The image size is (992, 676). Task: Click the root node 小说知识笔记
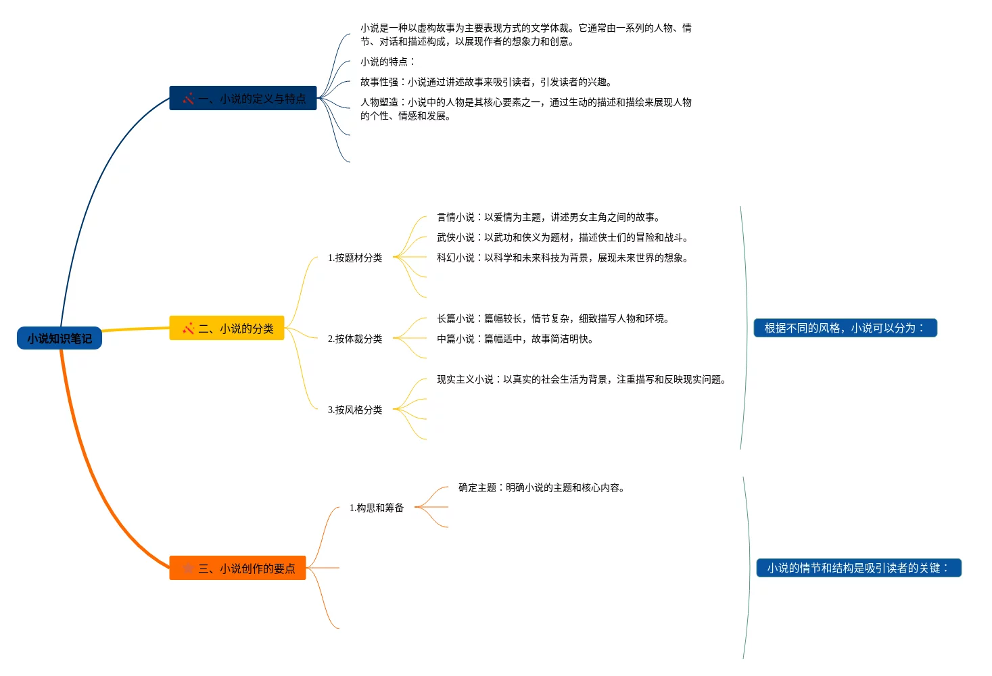click(60, 338)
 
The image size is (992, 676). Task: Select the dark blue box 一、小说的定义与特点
click(243, 99)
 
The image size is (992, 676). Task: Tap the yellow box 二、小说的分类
click(227, 329)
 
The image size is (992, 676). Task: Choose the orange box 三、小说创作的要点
click(237, 569)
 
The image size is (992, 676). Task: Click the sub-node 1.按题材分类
click(355, 258)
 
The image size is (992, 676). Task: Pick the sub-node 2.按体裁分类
click(355, 339)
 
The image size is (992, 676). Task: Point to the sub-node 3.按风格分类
click(355, 410)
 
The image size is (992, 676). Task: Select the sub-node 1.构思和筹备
click(377, 508)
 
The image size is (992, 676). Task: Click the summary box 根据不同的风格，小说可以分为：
click(845, 328)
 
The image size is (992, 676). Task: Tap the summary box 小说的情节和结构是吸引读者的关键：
click(859, 568)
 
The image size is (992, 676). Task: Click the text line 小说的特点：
click(387, 62)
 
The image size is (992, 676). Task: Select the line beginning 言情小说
click(548, 217)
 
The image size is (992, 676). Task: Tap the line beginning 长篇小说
click(553, 318)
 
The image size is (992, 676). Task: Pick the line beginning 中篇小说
click(515, 339)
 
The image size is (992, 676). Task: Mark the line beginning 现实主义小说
click(582, 379)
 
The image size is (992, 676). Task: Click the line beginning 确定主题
click(542, 487)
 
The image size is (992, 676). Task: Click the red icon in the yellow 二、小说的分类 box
click(189, 329)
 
